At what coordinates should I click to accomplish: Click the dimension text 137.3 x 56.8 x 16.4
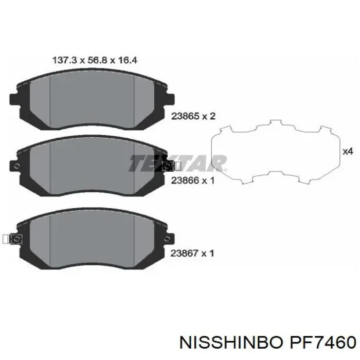point(95,61)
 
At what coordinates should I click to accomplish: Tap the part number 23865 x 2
point(192,116)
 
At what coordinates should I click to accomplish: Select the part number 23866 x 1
point(192,181)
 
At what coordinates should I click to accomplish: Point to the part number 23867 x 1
point(192,253)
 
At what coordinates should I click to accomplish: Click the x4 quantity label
point(348,151)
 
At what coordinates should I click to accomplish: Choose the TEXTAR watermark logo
point(177,163)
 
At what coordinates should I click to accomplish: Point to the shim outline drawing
point(276,152)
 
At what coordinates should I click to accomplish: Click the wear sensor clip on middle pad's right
point(170,166)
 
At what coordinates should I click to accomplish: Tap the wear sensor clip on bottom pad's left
point(9,239)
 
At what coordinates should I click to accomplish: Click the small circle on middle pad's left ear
point(16,166)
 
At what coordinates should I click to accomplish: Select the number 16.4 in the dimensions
point(128,61)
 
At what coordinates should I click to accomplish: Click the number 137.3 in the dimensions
point(62,61)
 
